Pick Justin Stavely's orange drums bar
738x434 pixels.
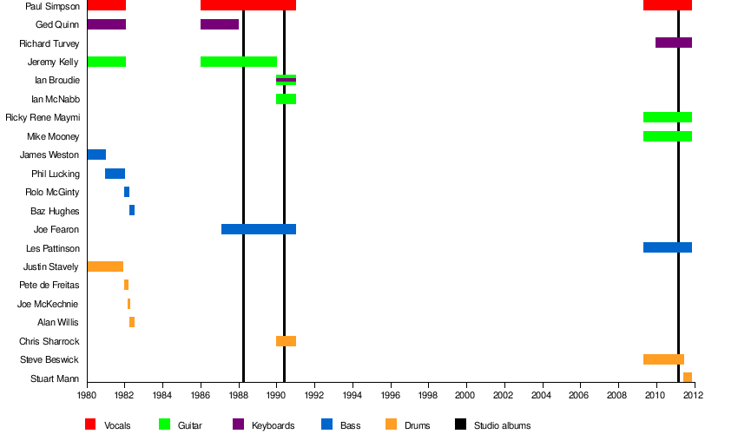pos(105,266)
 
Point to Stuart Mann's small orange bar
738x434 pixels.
pos(688,378)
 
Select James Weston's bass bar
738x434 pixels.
pos(96,155)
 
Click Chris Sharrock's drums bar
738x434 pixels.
pos(286,341)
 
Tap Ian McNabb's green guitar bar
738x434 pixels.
pos(286,99)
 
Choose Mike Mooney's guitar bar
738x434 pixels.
pos(668,136)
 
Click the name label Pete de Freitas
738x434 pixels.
pos(49,286)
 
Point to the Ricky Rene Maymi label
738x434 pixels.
pos(43,117)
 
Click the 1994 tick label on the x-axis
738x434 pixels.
pos(353,396)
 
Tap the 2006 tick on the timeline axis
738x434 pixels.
pos(580,396)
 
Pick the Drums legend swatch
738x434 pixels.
pos(392,424)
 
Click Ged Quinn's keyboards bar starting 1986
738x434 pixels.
pos(220,24)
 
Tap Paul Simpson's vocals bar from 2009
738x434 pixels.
pos(668,5)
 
